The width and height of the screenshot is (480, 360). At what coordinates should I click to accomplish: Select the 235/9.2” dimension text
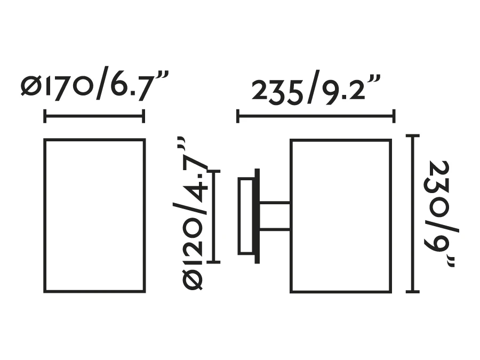pyautogui.click(x=316, y=87)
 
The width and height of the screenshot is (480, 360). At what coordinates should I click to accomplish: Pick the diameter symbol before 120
pyautogui.click(x=192, y=279)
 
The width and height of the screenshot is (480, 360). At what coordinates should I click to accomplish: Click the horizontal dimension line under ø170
pyautogui.click(x=94, y=116)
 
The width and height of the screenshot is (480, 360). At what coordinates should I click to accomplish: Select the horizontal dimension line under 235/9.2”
pyautogui.click(x=316, y=116)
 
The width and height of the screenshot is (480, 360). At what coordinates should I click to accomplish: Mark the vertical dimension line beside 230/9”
pyautogui.click(x=413, y=214)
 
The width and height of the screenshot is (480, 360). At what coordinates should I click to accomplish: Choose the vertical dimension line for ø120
pyautogui.click(x=214, y=217)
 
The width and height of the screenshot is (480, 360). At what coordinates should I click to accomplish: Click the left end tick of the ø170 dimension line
pyautogui.click(x=45, y=116)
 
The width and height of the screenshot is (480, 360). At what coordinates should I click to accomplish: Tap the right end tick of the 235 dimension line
pyautogui.click(x=394, y=116)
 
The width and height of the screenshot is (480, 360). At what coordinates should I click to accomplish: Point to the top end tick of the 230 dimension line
pyautogui.click(x=413, y=135)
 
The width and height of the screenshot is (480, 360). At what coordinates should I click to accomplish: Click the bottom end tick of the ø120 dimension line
pyautogui.click(x=214, y=262)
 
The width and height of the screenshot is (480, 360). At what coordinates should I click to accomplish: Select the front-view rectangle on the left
pyautogui.click(x=44, y=216)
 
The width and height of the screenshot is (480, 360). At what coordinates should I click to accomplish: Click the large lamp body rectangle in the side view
pyautogui.click(x=291, y=216)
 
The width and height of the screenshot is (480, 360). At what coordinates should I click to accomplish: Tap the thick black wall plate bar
pyautogui.click(x=257, y=216)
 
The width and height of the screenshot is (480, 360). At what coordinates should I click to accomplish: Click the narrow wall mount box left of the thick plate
pyautogui.click(x=239, y=216)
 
